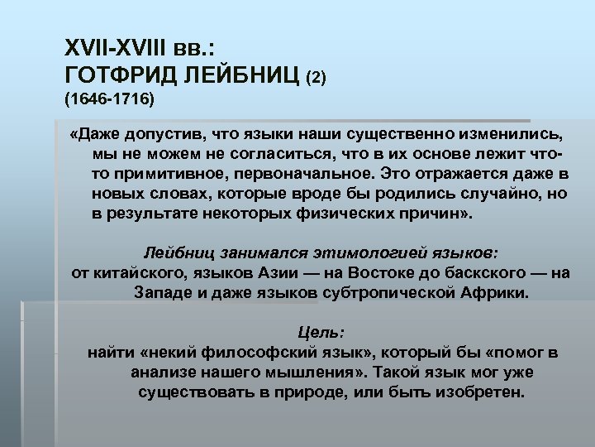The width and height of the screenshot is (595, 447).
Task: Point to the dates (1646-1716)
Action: [x=107, y=99]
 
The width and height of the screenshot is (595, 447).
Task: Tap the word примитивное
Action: [x=166, y=174]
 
